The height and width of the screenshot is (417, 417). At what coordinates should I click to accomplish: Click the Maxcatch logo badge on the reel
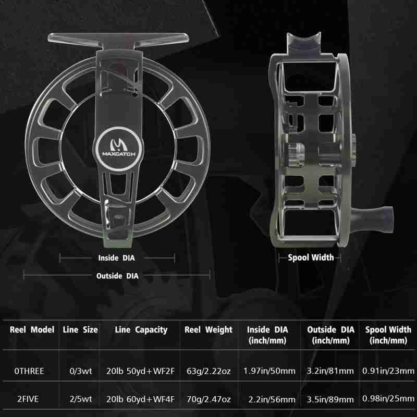(x=119, y=149)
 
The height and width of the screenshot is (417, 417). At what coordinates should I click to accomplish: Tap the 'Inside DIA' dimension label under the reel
(x=116, y=258)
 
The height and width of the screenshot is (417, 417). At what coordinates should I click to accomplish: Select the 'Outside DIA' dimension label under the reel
(x=117, y=276)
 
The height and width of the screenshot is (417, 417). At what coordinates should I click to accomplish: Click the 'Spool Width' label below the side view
(x=311, y=257)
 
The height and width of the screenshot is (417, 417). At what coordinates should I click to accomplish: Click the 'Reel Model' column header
(x=32, y=330)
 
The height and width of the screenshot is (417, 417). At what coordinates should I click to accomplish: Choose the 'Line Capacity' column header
(x=141, y=330)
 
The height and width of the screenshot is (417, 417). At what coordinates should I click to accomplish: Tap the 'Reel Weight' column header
(x=208, y=330)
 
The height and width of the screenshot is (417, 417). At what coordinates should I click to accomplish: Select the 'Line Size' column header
(x=80, y=330)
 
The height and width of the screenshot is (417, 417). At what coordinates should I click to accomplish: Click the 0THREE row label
(x=29, y=371)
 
